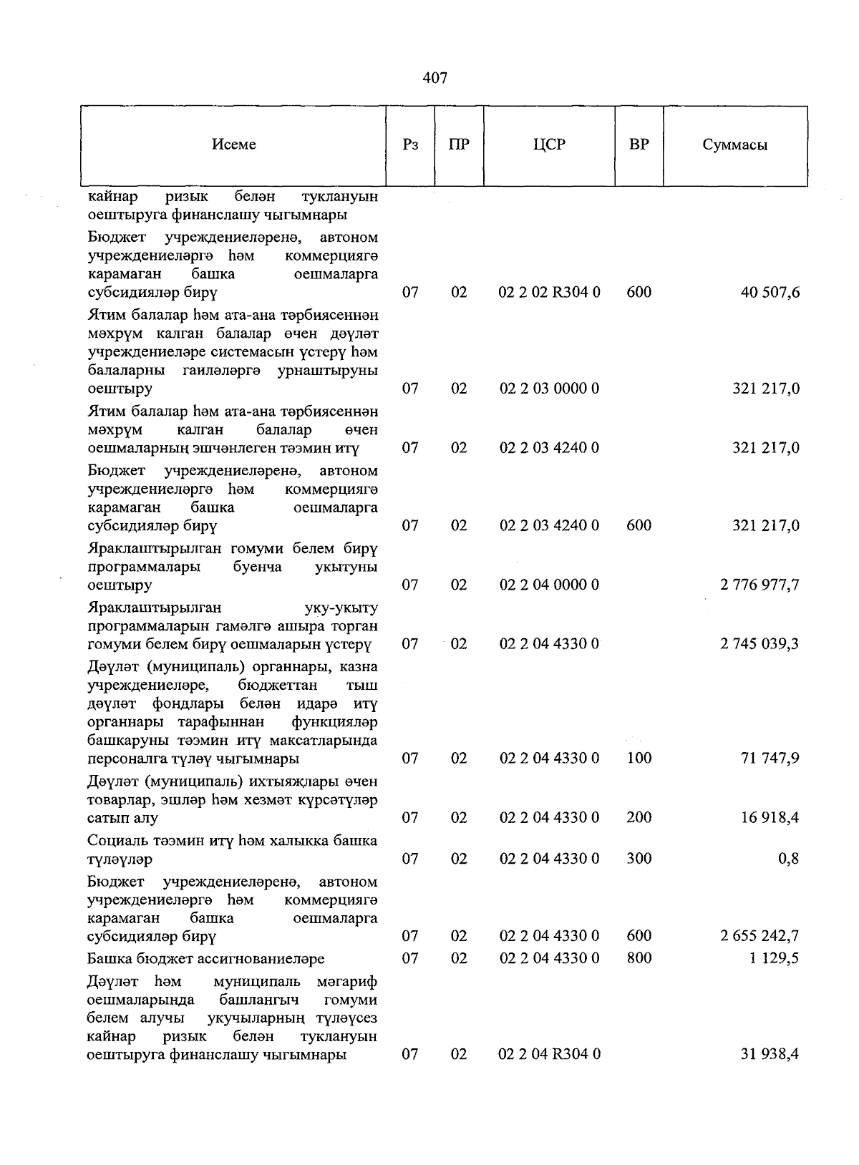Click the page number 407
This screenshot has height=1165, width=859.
pyautogui.click(x=435, y=78)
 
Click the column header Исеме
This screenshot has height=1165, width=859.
pyautogui.click(x=234, y=145)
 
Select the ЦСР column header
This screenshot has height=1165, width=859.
pyautogui.click(x=549, y=145)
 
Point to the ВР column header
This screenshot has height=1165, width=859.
pyautogui.click(x=639, y=145)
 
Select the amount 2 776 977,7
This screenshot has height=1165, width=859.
pyautogui.click(x=759, y=585)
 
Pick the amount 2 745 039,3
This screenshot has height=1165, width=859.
pyautogui.click(x=759, y=643)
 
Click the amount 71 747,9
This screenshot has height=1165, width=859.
pyautogui.click(x=770, y=758)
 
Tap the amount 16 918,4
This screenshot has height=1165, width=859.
pyautogui.click(x=770, y=817)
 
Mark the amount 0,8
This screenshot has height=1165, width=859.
pyautogui.click(x=789, y=858)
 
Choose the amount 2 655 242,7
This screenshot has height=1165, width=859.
pyautogui.click(x=759, y=935)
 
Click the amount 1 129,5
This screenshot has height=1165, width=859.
pyautogui.click(x=775, y=958)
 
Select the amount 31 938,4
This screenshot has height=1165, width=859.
pyautogui.click(x=770, y=1054)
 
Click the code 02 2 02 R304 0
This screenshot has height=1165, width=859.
pyautogui.click(x=549, y=292)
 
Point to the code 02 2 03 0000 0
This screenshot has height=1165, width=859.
pyautogui.click(x=549, y=389)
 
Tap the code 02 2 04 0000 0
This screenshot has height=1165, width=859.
pyautogui.click(x=549, y=585)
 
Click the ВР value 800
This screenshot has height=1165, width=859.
pyautogui.click(x=639, y=958)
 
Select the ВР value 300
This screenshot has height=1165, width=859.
pyautogui.click(x=639, y=858)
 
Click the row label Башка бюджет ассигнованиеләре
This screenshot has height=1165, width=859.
pyautogui.click(x=206, y=958)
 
